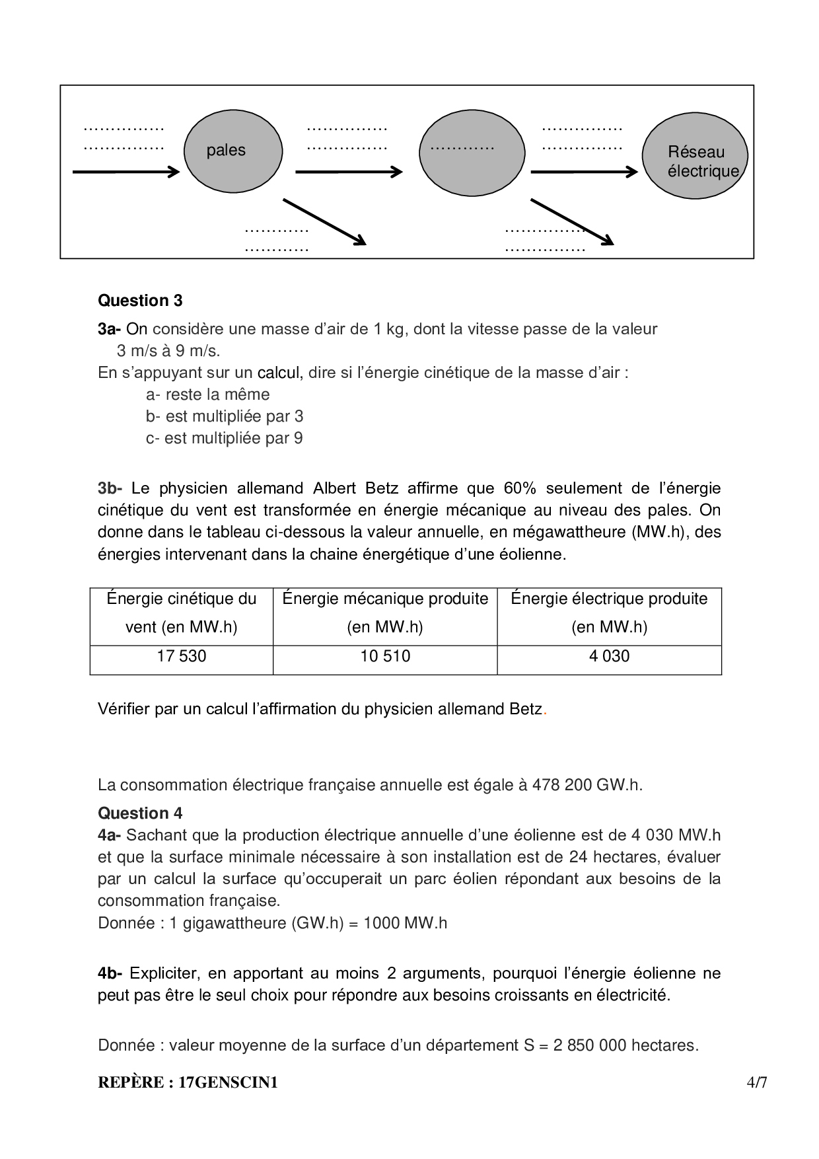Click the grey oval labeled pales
tap(232, 151)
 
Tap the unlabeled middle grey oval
tap(472, 153)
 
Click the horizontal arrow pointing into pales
tap(125, 172)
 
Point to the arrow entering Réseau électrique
tap(584, 172)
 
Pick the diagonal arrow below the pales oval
tap(324, 221)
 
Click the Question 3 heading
tap(140, 301)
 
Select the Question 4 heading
tap(140, 813)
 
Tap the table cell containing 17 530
tap(182, 656)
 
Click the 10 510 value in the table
tap(385, 656)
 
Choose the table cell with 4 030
tap(609, 656)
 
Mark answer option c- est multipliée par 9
tap(225, 438)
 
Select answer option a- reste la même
tap(208, 394)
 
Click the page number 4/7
tap(757, 1083)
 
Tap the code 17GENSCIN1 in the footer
tap(228, 1083)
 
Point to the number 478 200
tap(561, 785)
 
